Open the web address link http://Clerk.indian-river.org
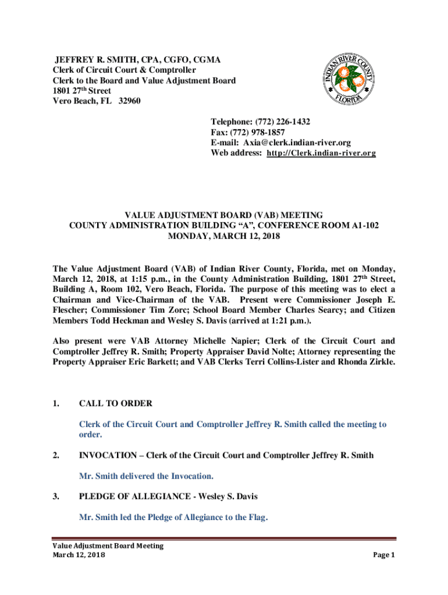(321, 153)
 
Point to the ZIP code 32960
(129, 101)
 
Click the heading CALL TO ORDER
(116, 404)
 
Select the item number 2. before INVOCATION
(56, 456)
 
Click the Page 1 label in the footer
(384, 555)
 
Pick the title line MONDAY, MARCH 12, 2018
(224, 236)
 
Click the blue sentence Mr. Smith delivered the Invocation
(146, 476)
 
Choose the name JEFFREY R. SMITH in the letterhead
(93, 60)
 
